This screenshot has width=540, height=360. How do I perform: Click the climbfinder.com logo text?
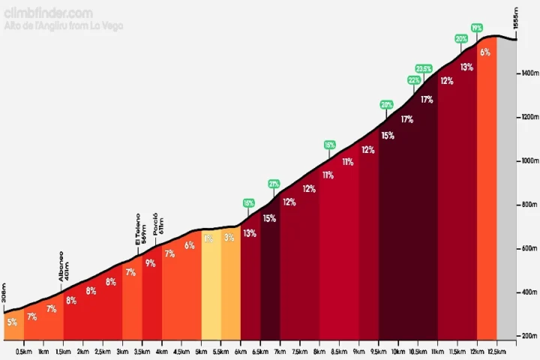click(48, 13)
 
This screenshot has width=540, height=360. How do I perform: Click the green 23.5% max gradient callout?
click(424, 68)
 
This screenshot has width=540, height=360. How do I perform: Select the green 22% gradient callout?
click(413, 79)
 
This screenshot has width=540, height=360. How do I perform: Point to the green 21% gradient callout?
click(274, 184)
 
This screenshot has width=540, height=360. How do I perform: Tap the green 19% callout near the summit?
click(477, 28)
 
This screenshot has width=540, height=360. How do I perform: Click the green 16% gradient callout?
click(330, 144)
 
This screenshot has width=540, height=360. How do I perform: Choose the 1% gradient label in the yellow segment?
click(208, 238)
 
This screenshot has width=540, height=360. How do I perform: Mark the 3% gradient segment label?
click(229, 238)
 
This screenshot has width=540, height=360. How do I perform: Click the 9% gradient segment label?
click(150, 262)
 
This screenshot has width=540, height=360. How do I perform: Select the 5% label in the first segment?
click(11, 322)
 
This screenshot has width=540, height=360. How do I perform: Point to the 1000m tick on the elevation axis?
click(529, 160)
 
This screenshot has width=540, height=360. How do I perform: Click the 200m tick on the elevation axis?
click(529, 336)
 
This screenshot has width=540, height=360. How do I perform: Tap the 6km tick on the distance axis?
click(240, 351)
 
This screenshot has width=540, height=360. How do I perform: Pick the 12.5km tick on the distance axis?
click(496, 351)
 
